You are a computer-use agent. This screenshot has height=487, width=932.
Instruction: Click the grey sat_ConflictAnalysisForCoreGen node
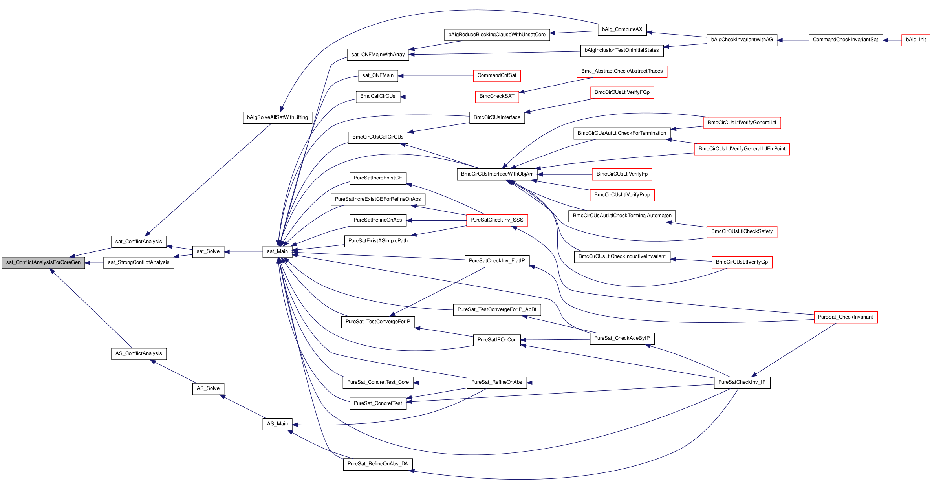[x=43, y=263]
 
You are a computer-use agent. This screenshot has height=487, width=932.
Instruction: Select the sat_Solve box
[x=208, y=252]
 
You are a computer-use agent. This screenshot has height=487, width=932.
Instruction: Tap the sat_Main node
[x=277, y=252]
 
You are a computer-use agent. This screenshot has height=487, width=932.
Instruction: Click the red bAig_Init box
[x=916, y=40]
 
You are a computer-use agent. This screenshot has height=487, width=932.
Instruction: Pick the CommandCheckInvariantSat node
[x=846, y=40]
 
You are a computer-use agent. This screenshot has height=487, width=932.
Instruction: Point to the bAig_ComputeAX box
[x=622, y=30]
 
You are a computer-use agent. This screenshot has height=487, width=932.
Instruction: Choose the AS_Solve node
[x=208, y=389]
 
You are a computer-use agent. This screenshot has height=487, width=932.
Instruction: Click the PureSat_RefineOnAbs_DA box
[x=378, y=464]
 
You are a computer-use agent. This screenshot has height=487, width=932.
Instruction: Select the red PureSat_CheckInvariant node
[x=846, y=317]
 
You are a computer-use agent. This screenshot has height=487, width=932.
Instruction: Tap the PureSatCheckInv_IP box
[x=742, y=383]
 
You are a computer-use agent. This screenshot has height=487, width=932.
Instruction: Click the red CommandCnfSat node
[x=497, y=76]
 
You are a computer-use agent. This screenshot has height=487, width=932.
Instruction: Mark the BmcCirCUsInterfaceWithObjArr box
[x=497, y=174]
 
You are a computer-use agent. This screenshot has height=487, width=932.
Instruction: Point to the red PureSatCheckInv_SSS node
[x=497, y=220]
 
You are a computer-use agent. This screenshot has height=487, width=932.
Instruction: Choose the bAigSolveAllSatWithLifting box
[x=277, y=118]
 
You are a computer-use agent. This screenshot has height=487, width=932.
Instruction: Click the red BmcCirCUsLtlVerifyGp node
[x=742, y=262]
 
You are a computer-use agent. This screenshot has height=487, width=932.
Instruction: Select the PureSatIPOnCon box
[x=497, y=340]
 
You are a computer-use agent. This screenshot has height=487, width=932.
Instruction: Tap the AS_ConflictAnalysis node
[x=139, y=354]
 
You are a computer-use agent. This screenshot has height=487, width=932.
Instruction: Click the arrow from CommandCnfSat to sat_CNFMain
[x=436, y=76]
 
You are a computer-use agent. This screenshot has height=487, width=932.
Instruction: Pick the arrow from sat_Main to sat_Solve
[x=244, y=252]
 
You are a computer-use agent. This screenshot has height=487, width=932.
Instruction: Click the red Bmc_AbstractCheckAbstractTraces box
[x=622, y=71]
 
